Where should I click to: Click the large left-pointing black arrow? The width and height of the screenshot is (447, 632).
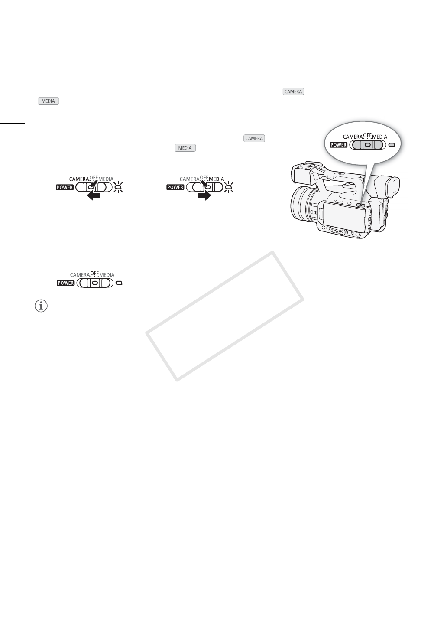[94, 195]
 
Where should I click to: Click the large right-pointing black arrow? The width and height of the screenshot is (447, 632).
[204, 195]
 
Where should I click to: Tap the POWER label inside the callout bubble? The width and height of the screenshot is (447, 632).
[338, 145]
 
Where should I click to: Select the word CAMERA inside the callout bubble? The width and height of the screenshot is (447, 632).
[350, 137]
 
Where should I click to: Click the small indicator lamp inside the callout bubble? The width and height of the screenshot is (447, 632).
[392, 145]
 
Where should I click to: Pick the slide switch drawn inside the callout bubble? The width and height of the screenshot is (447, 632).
[367, 145]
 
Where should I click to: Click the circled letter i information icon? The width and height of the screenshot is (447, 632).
[40, 306]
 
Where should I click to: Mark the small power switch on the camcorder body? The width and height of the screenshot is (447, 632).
[360, 205]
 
